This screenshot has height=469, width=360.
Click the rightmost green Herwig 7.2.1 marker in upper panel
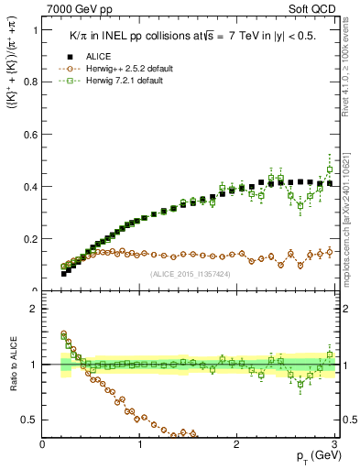coord(330,169)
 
